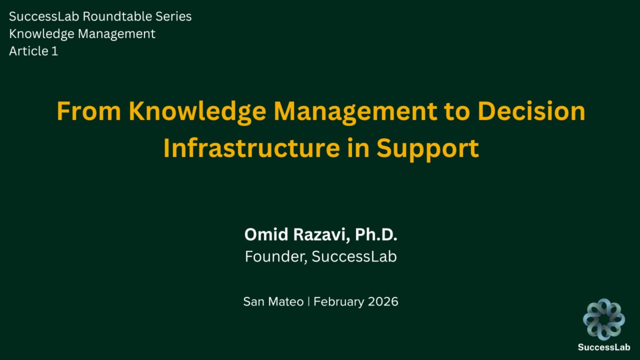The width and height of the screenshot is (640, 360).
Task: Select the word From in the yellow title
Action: tap(89, 112)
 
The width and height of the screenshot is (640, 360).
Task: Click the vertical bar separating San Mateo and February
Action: tap(308, 301)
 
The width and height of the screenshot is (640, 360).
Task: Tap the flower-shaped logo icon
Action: tap(603, 318)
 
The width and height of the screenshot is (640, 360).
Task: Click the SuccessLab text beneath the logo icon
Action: tap(603, 347)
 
